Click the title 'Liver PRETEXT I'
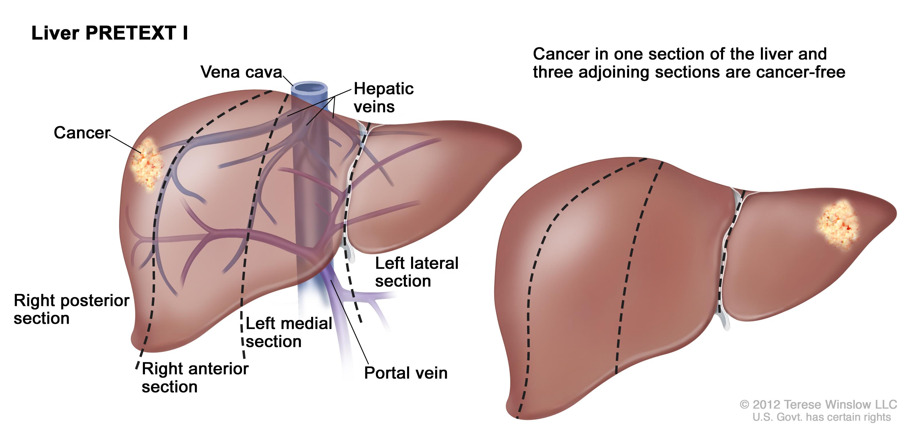(110, 33)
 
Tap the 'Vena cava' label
(241, 72)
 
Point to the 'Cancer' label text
(82, 133)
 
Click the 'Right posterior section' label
(71, 309)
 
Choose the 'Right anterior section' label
(195, 378)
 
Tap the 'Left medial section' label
(288, 332)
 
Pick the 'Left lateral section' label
(416, 272)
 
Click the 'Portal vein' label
(406, 373)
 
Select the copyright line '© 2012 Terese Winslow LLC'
(818, 404)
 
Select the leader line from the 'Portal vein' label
(350, 322)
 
